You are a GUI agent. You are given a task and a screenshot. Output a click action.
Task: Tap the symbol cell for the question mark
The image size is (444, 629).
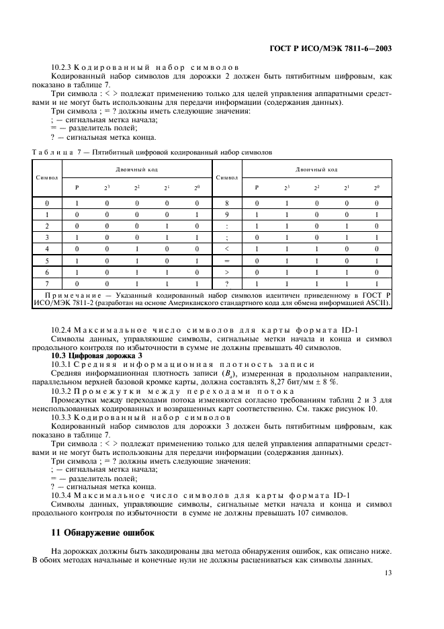tap(228, 284)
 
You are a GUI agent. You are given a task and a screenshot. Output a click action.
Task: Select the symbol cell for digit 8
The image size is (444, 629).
tap(228, 202)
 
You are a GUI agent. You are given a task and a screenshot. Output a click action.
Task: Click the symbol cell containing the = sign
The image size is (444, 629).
tap(228, 261)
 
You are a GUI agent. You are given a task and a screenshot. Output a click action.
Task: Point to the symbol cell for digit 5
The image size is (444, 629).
tap(47, 261)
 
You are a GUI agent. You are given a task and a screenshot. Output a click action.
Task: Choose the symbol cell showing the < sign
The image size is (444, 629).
tap(228, 249)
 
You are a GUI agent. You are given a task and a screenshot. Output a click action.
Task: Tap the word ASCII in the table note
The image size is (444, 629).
tap(383, 304)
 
